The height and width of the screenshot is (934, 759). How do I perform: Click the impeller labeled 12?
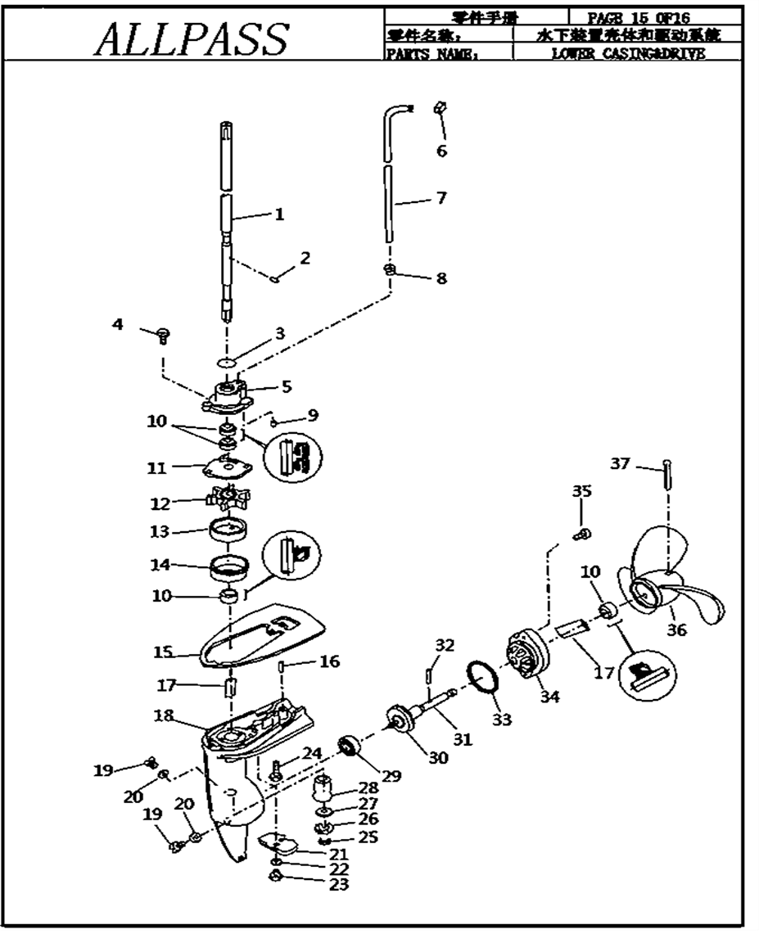coord(228,497)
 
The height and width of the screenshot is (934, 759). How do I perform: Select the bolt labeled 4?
coord(163,333)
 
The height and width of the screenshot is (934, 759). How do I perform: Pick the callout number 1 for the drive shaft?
coord(278,214)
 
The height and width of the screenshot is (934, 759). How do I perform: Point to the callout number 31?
coord(463,739)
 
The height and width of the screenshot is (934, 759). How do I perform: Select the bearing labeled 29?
coord(350,747)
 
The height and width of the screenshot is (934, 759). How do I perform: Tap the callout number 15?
coord(164,653)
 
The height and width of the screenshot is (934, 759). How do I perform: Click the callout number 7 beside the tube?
coord(440,198)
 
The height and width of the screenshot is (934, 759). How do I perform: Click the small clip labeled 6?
coord(439,107)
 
